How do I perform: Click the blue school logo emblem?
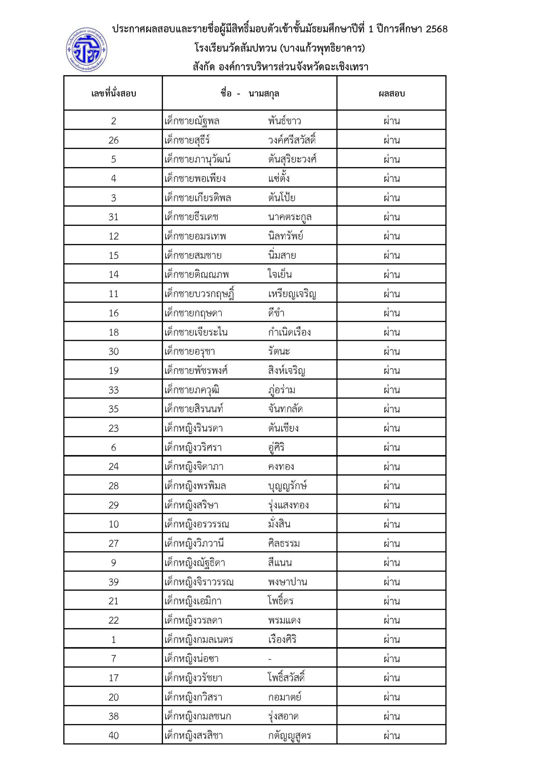click(x=87, y=50)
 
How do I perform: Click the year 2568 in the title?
click(x=437, y=29)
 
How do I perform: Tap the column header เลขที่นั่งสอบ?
click(x=114, y=93)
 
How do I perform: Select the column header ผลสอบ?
click(x=391, y=93)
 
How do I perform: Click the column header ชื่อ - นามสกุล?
click(x=250, y=93)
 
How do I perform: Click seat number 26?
click(x=114, y=140)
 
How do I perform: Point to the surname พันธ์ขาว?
click(x=285, y=121)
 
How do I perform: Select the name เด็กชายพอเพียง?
click(x=195, y=178)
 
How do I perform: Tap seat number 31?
click(x=114, y=217)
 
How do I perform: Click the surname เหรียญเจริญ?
click(x=292, y=294)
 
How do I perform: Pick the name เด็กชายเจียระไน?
click(x=196, y=332)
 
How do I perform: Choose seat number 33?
click(x=114, y=390)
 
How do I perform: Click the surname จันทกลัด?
click(x=286, y=409)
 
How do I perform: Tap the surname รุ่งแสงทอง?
click(x=289, y=505)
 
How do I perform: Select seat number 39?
click(x=114, y=582)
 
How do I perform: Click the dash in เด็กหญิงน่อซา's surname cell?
click(x=270, y=658)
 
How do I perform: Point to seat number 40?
click(x=114, y=735)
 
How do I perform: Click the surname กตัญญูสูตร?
click(x=290, y=735)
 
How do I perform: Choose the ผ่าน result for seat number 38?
click(x=391, y=716)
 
